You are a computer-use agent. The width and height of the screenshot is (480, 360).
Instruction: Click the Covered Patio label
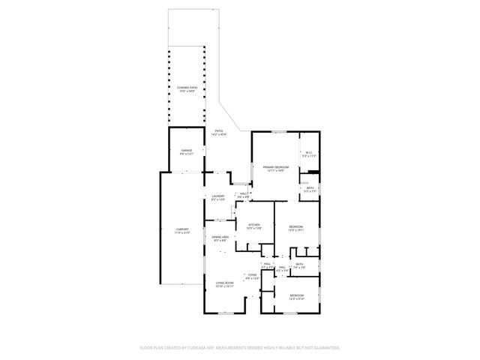pos(186,87)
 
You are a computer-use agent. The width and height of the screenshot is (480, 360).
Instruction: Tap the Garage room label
pos(186,150)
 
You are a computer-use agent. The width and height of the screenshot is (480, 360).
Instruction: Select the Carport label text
pos(182,229)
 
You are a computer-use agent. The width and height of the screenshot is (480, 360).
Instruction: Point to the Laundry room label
pos(217,196)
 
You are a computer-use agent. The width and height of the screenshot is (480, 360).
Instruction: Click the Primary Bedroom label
pos(275,166)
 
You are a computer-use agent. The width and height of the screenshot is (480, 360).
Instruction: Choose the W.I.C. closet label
pos(308,152)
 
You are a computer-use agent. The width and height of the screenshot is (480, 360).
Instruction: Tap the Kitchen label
pos(253,224)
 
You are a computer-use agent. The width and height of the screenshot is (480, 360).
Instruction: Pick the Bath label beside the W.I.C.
pos(310,187)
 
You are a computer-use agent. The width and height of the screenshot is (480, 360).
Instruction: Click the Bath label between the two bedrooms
pos(299,264)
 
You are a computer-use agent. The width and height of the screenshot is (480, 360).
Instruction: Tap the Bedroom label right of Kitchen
pos(296,226)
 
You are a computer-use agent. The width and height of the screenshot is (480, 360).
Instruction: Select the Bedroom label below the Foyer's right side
pos(296,295)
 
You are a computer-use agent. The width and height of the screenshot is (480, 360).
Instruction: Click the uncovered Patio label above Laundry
pos(219,130)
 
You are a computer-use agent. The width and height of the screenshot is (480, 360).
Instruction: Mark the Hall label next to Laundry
pos(244,193)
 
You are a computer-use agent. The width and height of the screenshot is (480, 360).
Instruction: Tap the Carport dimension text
pos(182,232)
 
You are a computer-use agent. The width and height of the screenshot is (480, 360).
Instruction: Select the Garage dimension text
pos(186,154)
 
